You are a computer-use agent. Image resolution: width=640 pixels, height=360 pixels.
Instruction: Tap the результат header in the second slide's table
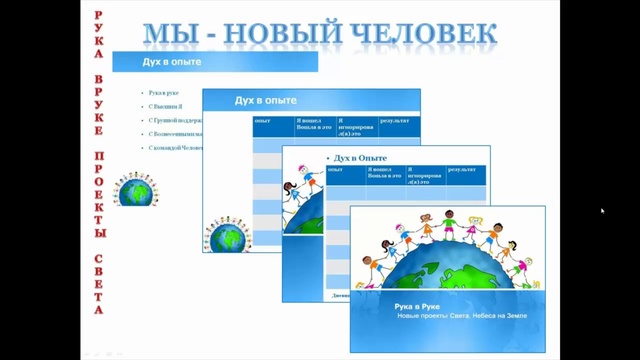click(x=394, y=121)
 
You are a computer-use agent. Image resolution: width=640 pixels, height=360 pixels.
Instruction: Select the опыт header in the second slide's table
click(x=264, y=121)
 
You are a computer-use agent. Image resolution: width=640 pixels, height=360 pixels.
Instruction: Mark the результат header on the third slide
click(x=462, y=170)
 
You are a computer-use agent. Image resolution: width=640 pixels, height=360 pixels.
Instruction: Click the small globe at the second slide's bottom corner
click(x=228, y=238)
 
